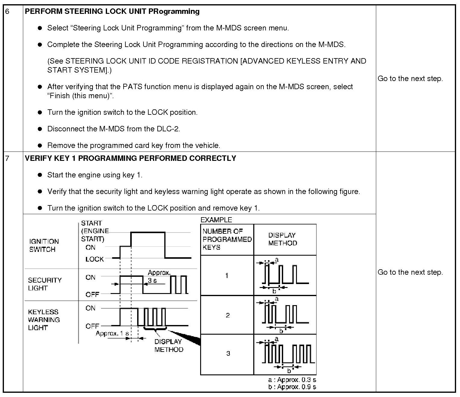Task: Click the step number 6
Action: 8,12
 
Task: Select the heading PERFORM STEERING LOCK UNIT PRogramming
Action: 112,11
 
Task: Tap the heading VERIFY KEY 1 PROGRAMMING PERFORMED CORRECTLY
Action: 130,158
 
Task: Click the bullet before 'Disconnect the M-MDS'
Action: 40,129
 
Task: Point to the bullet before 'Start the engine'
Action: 40,175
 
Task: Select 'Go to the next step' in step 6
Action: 410,79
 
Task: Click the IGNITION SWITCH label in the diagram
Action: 44,245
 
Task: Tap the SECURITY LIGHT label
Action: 45,284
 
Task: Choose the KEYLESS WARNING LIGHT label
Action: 44,320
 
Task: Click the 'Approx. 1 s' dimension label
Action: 112,333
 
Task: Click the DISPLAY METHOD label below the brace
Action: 169,345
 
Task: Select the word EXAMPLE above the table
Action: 216,220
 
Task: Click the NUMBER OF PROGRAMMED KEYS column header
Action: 227,239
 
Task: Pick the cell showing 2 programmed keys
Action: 228,315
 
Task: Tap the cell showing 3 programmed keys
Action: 228,353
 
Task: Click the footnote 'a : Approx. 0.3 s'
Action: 292,380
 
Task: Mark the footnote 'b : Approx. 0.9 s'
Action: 292,387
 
